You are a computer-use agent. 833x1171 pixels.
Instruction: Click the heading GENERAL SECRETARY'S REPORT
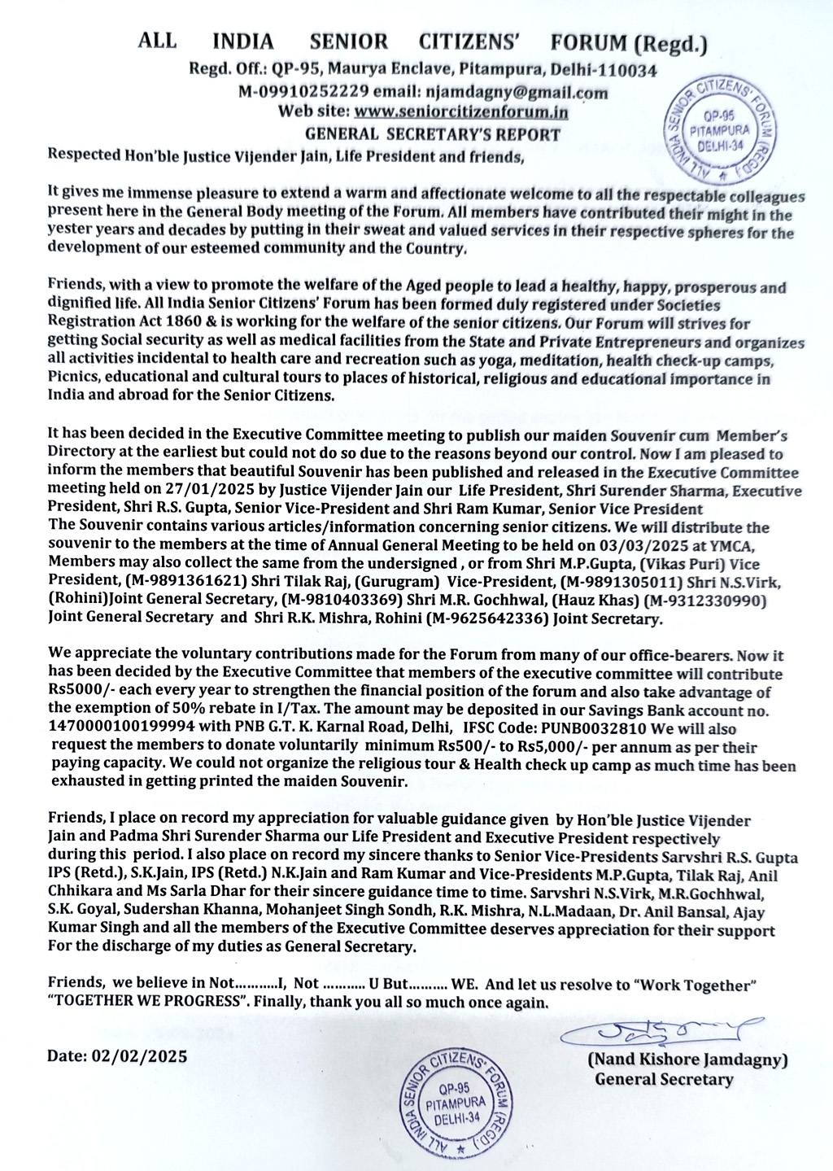pyautogui.click(x=433, y=134)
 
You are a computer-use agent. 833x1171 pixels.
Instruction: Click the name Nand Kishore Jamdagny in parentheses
pyautogui.click(x=687, y=1061)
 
